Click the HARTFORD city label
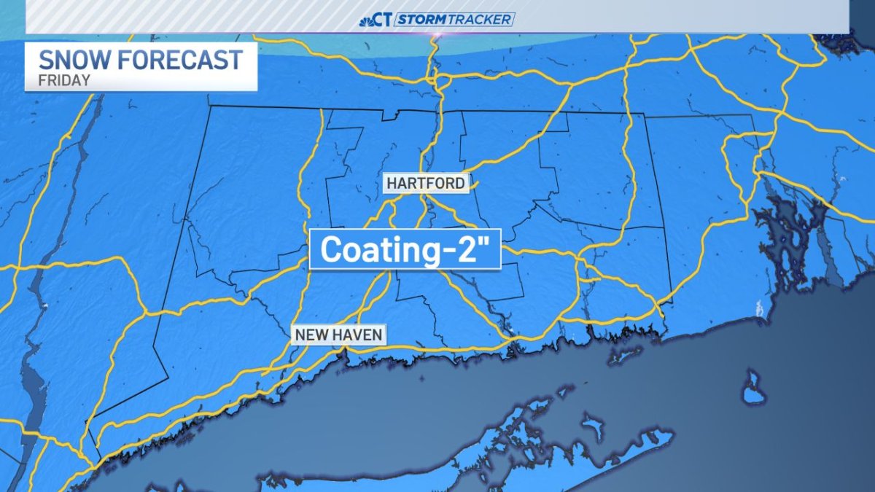(425, 183)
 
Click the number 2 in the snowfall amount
(475, 250)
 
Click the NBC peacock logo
(367, 20)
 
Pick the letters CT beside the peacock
(384, 20)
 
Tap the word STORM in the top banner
(421, 20)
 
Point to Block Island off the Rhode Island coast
(753, 388)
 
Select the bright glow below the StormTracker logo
(438, 35)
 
